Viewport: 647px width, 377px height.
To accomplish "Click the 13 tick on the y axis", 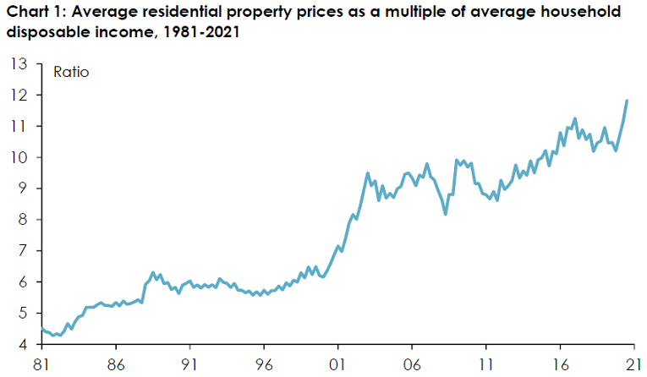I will point(18,63).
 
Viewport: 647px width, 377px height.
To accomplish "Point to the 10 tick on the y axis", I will point(18,157).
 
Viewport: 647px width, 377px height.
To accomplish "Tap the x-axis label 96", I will point(264,364).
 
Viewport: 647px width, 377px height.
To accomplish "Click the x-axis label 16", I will point(560,364).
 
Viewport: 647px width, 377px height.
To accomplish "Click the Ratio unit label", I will point(71,72).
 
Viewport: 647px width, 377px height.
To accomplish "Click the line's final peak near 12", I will point(627,101).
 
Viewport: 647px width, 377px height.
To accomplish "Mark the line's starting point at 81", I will point(42,329).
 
